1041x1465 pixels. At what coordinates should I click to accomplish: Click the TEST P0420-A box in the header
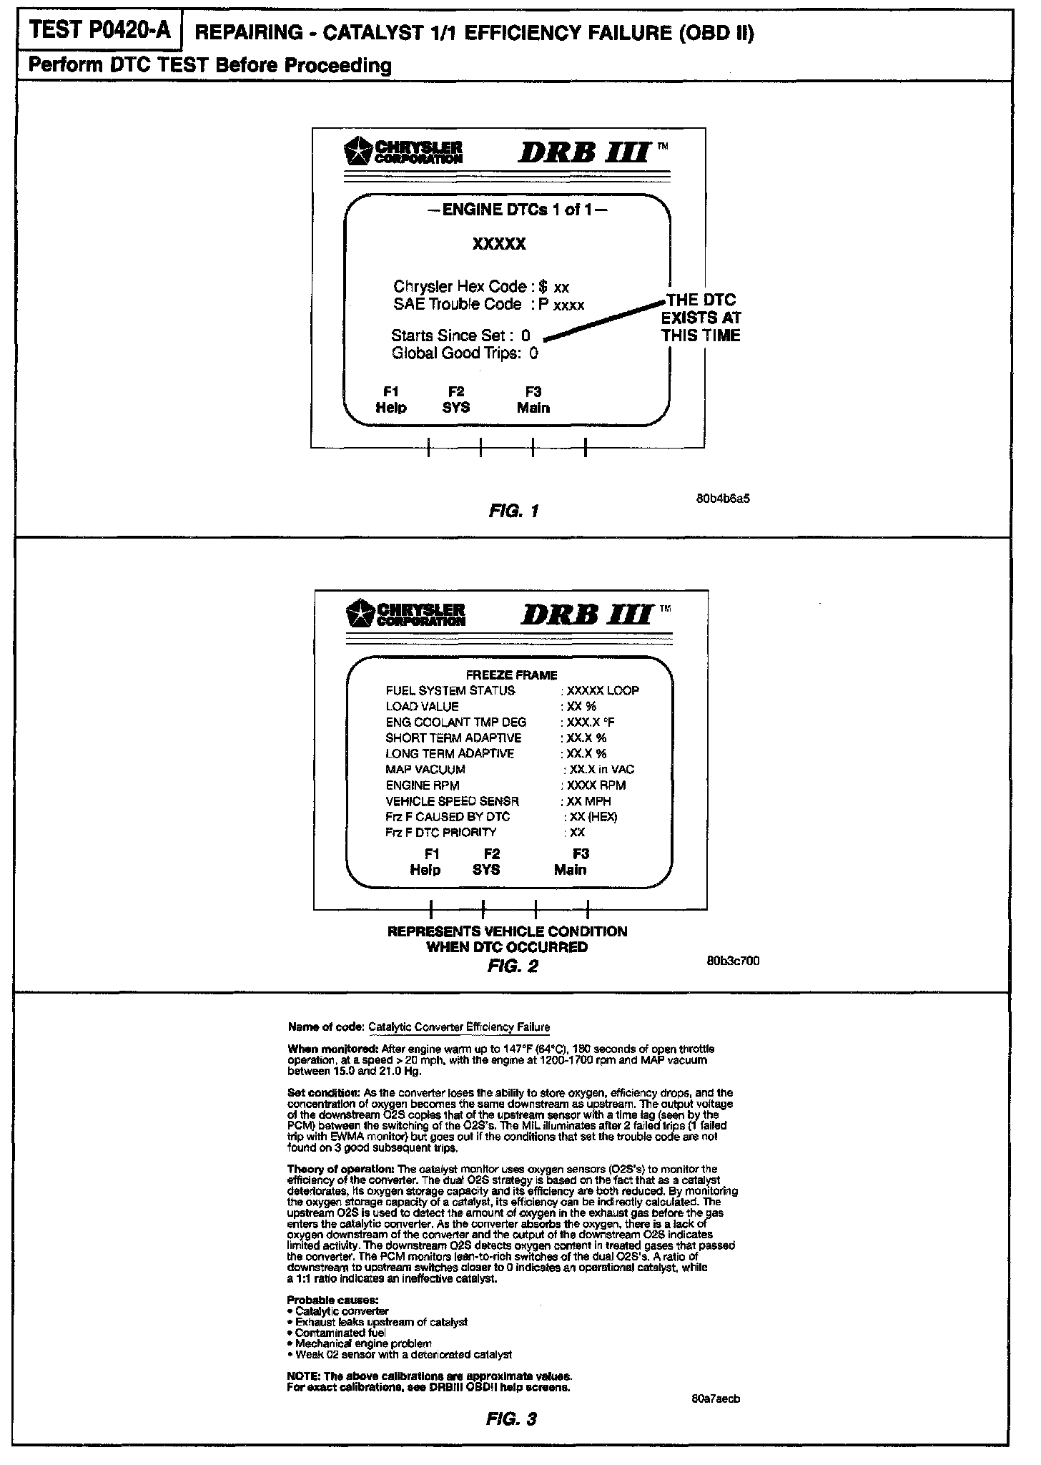(98, 31)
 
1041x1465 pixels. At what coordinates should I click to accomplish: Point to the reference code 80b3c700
(733, 961)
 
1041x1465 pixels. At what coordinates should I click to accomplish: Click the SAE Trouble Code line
(489, 305)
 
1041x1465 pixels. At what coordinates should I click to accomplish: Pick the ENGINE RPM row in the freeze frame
(423, 785)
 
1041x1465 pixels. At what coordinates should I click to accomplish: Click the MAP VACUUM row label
(425, 770)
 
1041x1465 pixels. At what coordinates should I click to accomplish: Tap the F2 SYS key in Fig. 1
(456, 400)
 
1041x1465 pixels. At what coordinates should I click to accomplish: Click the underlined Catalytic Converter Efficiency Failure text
(459, 1027)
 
